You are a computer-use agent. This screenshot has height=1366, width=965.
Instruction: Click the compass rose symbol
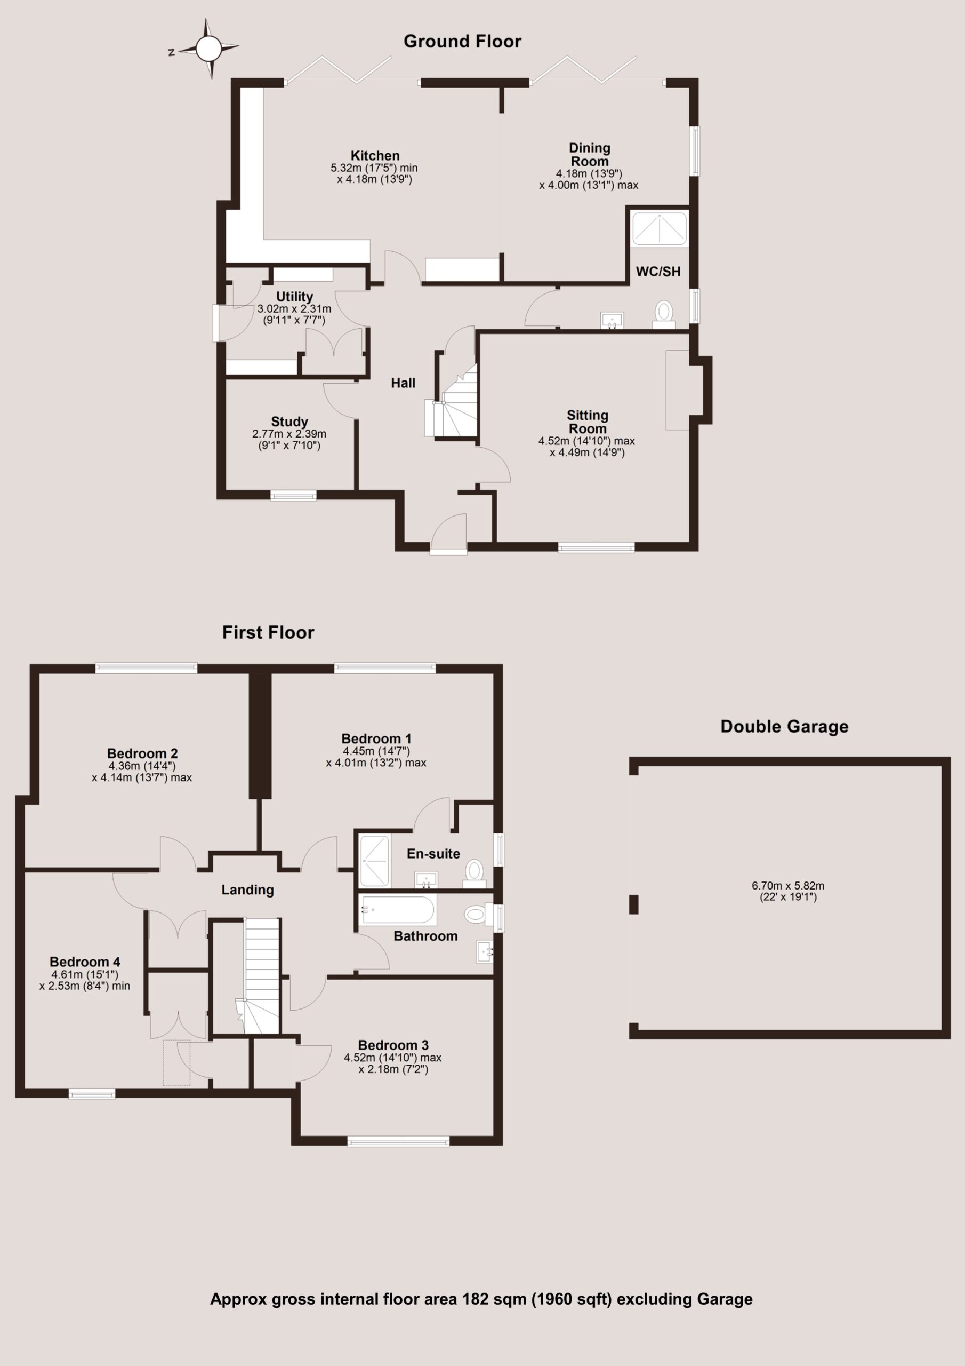pyautogui.click(x=208, y=49)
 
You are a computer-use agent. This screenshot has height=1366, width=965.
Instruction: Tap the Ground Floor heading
pyautogui.click(x=462, y=41)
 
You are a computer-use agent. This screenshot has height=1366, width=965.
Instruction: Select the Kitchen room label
pyautogui.click(x=375, y=156)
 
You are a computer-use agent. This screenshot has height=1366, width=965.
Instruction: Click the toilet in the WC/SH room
pyautogui.click(x=664, y=314)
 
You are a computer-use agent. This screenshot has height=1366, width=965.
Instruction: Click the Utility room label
pyautogui.click(x=294, y=296)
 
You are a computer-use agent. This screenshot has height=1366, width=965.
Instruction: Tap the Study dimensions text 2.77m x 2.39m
pyautogui.click(x=289, y=434)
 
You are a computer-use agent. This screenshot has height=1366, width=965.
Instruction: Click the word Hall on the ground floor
pyautogui.click(x=403, y=383)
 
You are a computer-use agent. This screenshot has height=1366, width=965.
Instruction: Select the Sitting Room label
pyautogui.click(x=588, y=422)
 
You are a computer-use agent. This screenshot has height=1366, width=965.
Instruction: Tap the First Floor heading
pyautogui.click(x=268, y=632)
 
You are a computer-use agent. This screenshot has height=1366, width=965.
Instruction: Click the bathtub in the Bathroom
pyautogui.click(x=398, y=910)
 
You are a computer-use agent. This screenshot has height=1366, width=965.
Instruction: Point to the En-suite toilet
pyautogui.click(x=474, y=873)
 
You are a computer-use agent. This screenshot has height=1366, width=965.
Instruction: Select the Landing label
pyautogui.click(x=247, y=890)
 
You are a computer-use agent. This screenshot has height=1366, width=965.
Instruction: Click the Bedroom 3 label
pyautogui.click(x=393, y=1045)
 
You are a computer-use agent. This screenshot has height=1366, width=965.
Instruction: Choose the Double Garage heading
pyautogui.click(x=784, y=726)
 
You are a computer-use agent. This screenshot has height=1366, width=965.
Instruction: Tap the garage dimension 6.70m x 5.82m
pyautogui.click(x=788, y=886)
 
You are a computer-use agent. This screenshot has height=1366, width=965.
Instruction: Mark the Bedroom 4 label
pyautogui.click(x=85, y=962)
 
